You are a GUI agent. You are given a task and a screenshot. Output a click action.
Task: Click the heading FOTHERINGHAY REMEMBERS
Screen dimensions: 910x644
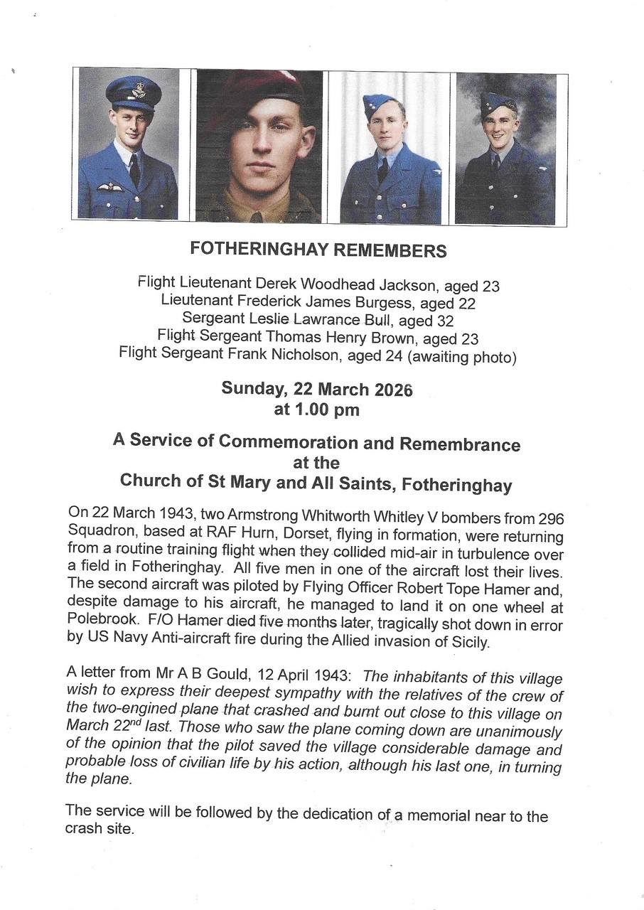318,250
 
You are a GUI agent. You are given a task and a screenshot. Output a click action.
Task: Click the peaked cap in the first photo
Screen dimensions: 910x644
133,92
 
